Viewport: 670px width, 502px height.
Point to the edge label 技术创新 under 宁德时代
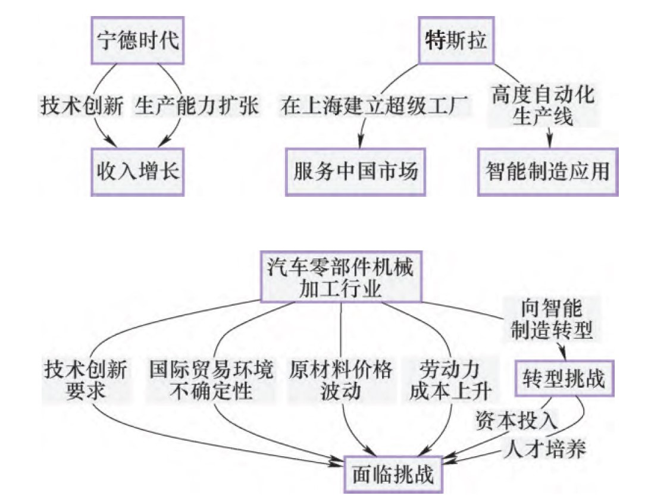click(x=82, y=106)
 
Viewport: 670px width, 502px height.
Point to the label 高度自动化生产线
click(x=543, y=106)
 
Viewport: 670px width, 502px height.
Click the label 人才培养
click(x=544, y=448)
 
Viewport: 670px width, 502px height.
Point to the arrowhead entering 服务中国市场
click(x=359, y=143)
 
